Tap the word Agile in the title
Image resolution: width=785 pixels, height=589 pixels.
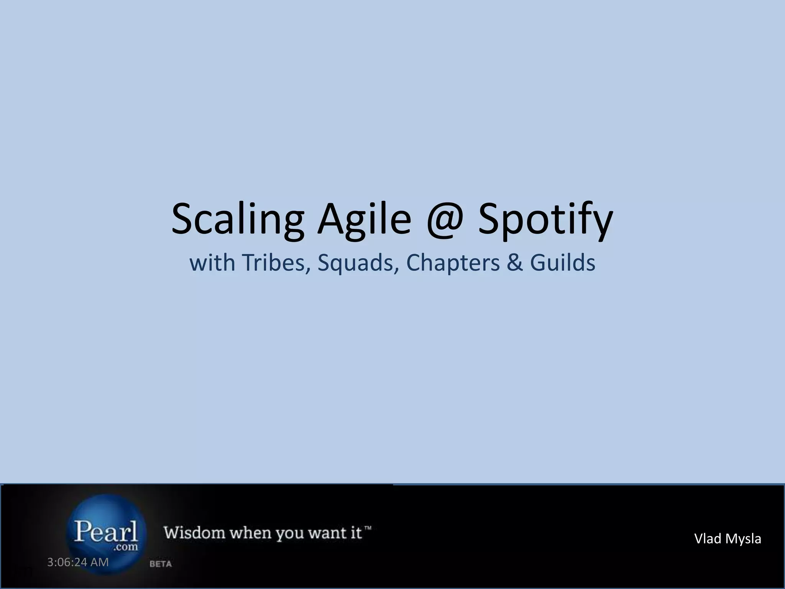[x=364, y=219]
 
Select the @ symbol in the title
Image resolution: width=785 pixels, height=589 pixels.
[x=445, y=220]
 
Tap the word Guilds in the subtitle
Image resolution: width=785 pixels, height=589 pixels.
[x=562, y=263]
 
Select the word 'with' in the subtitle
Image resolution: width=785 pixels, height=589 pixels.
[x=212, y=263]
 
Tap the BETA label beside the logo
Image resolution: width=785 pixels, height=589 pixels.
[x=160, y=564]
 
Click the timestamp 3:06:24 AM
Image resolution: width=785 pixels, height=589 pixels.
[x=78, y=562]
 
